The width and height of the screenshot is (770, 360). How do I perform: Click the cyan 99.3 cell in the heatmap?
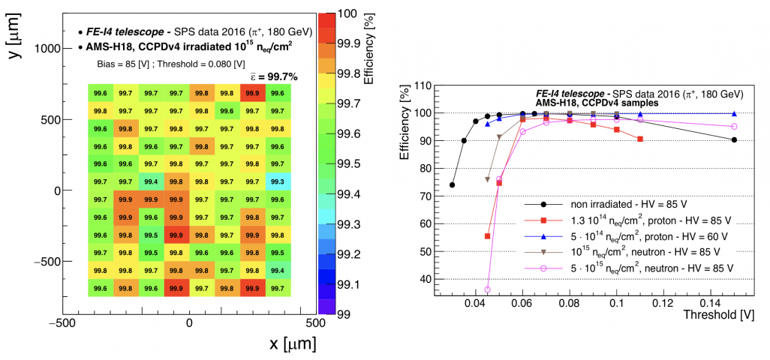click(x=277, y=181)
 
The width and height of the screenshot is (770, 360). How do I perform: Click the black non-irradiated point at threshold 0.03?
click(x=452, y=184)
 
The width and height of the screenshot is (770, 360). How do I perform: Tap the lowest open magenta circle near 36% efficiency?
click(x=488, y=289)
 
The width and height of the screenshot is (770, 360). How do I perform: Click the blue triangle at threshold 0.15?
click(x=734, y=114)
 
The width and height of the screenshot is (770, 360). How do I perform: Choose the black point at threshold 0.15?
click(x=734, y=139)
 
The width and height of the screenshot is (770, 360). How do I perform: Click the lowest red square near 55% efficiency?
click(x=488, y=236)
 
